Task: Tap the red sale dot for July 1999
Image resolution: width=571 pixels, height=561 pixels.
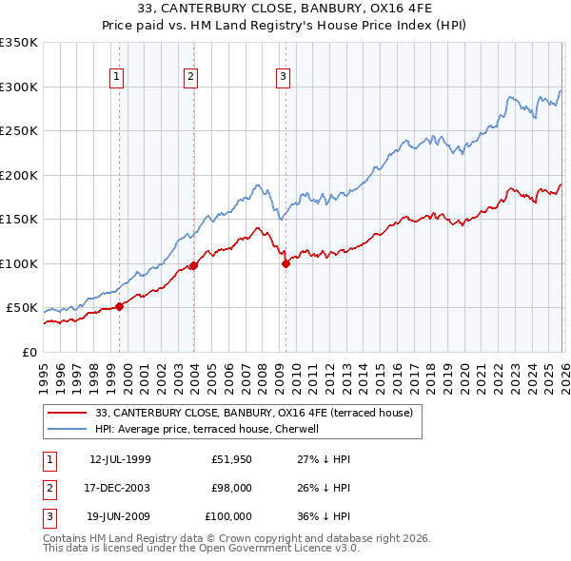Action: (120, 306)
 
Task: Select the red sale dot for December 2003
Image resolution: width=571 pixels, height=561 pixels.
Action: (194, 265)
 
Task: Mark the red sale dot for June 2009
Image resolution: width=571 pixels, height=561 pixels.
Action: (285, 263)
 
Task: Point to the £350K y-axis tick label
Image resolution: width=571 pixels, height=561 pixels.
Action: (19, 43)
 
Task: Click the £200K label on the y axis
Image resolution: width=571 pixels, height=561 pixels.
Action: (19, 175)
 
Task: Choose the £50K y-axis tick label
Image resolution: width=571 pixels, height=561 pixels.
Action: (23, 308)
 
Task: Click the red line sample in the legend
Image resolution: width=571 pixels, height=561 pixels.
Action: (68, 414)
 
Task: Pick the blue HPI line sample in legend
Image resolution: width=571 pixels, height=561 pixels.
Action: (68, 430)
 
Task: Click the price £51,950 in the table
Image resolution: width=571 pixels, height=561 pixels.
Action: (231, 459)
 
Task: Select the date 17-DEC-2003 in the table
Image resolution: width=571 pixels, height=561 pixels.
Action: (119, 488)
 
